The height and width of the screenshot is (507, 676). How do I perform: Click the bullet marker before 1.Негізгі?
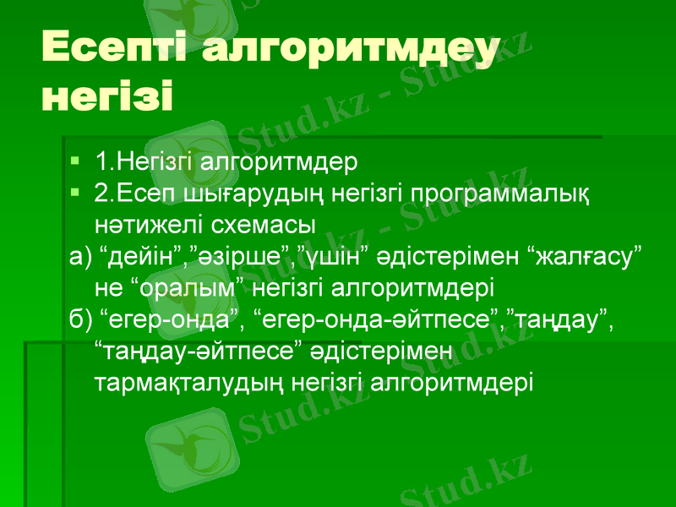(76, 159)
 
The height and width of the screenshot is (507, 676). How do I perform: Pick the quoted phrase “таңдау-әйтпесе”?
(199, 352)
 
